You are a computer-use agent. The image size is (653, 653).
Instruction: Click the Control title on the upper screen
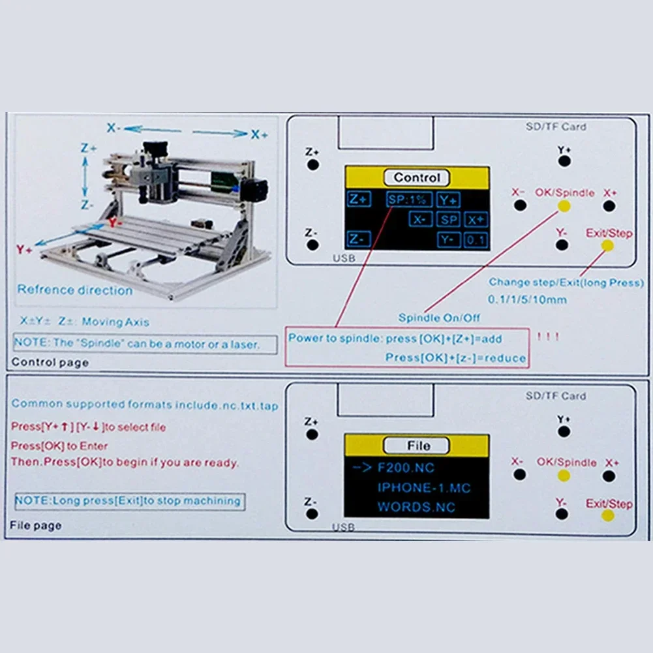[x=418, y=177]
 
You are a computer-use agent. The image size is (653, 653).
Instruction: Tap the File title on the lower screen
[x=418, y=446]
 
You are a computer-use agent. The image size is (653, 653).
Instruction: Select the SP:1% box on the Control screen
[x=405, y=200]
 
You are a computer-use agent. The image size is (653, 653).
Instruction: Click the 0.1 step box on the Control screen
[x=476, y=240]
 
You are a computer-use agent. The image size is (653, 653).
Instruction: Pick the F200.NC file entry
[x=406, y=468]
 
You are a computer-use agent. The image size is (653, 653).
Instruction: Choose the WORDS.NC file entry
[x=416, y=506]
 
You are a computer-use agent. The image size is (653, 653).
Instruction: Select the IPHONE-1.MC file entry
[x=424, y=487]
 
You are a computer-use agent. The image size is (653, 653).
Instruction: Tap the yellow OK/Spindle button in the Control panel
[x=564, y=206]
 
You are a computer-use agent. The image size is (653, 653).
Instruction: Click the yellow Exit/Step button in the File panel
[x=608, y=515]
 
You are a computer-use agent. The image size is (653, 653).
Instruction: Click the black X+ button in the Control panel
[x=609, y=206]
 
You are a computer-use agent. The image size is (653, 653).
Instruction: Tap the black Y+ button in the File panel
[x=564, y=432]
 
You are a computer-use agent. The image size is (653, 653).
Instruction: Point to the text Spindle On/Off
[x=439, y=318]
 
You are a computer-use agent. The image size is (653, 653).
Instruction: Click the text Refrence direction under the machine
[x=74, y=290]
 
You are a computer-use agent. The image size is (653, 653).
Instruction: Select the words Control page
[x=50, y=363]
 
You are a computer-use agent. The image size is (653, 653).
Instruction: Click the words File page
[x=36, y=525]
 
